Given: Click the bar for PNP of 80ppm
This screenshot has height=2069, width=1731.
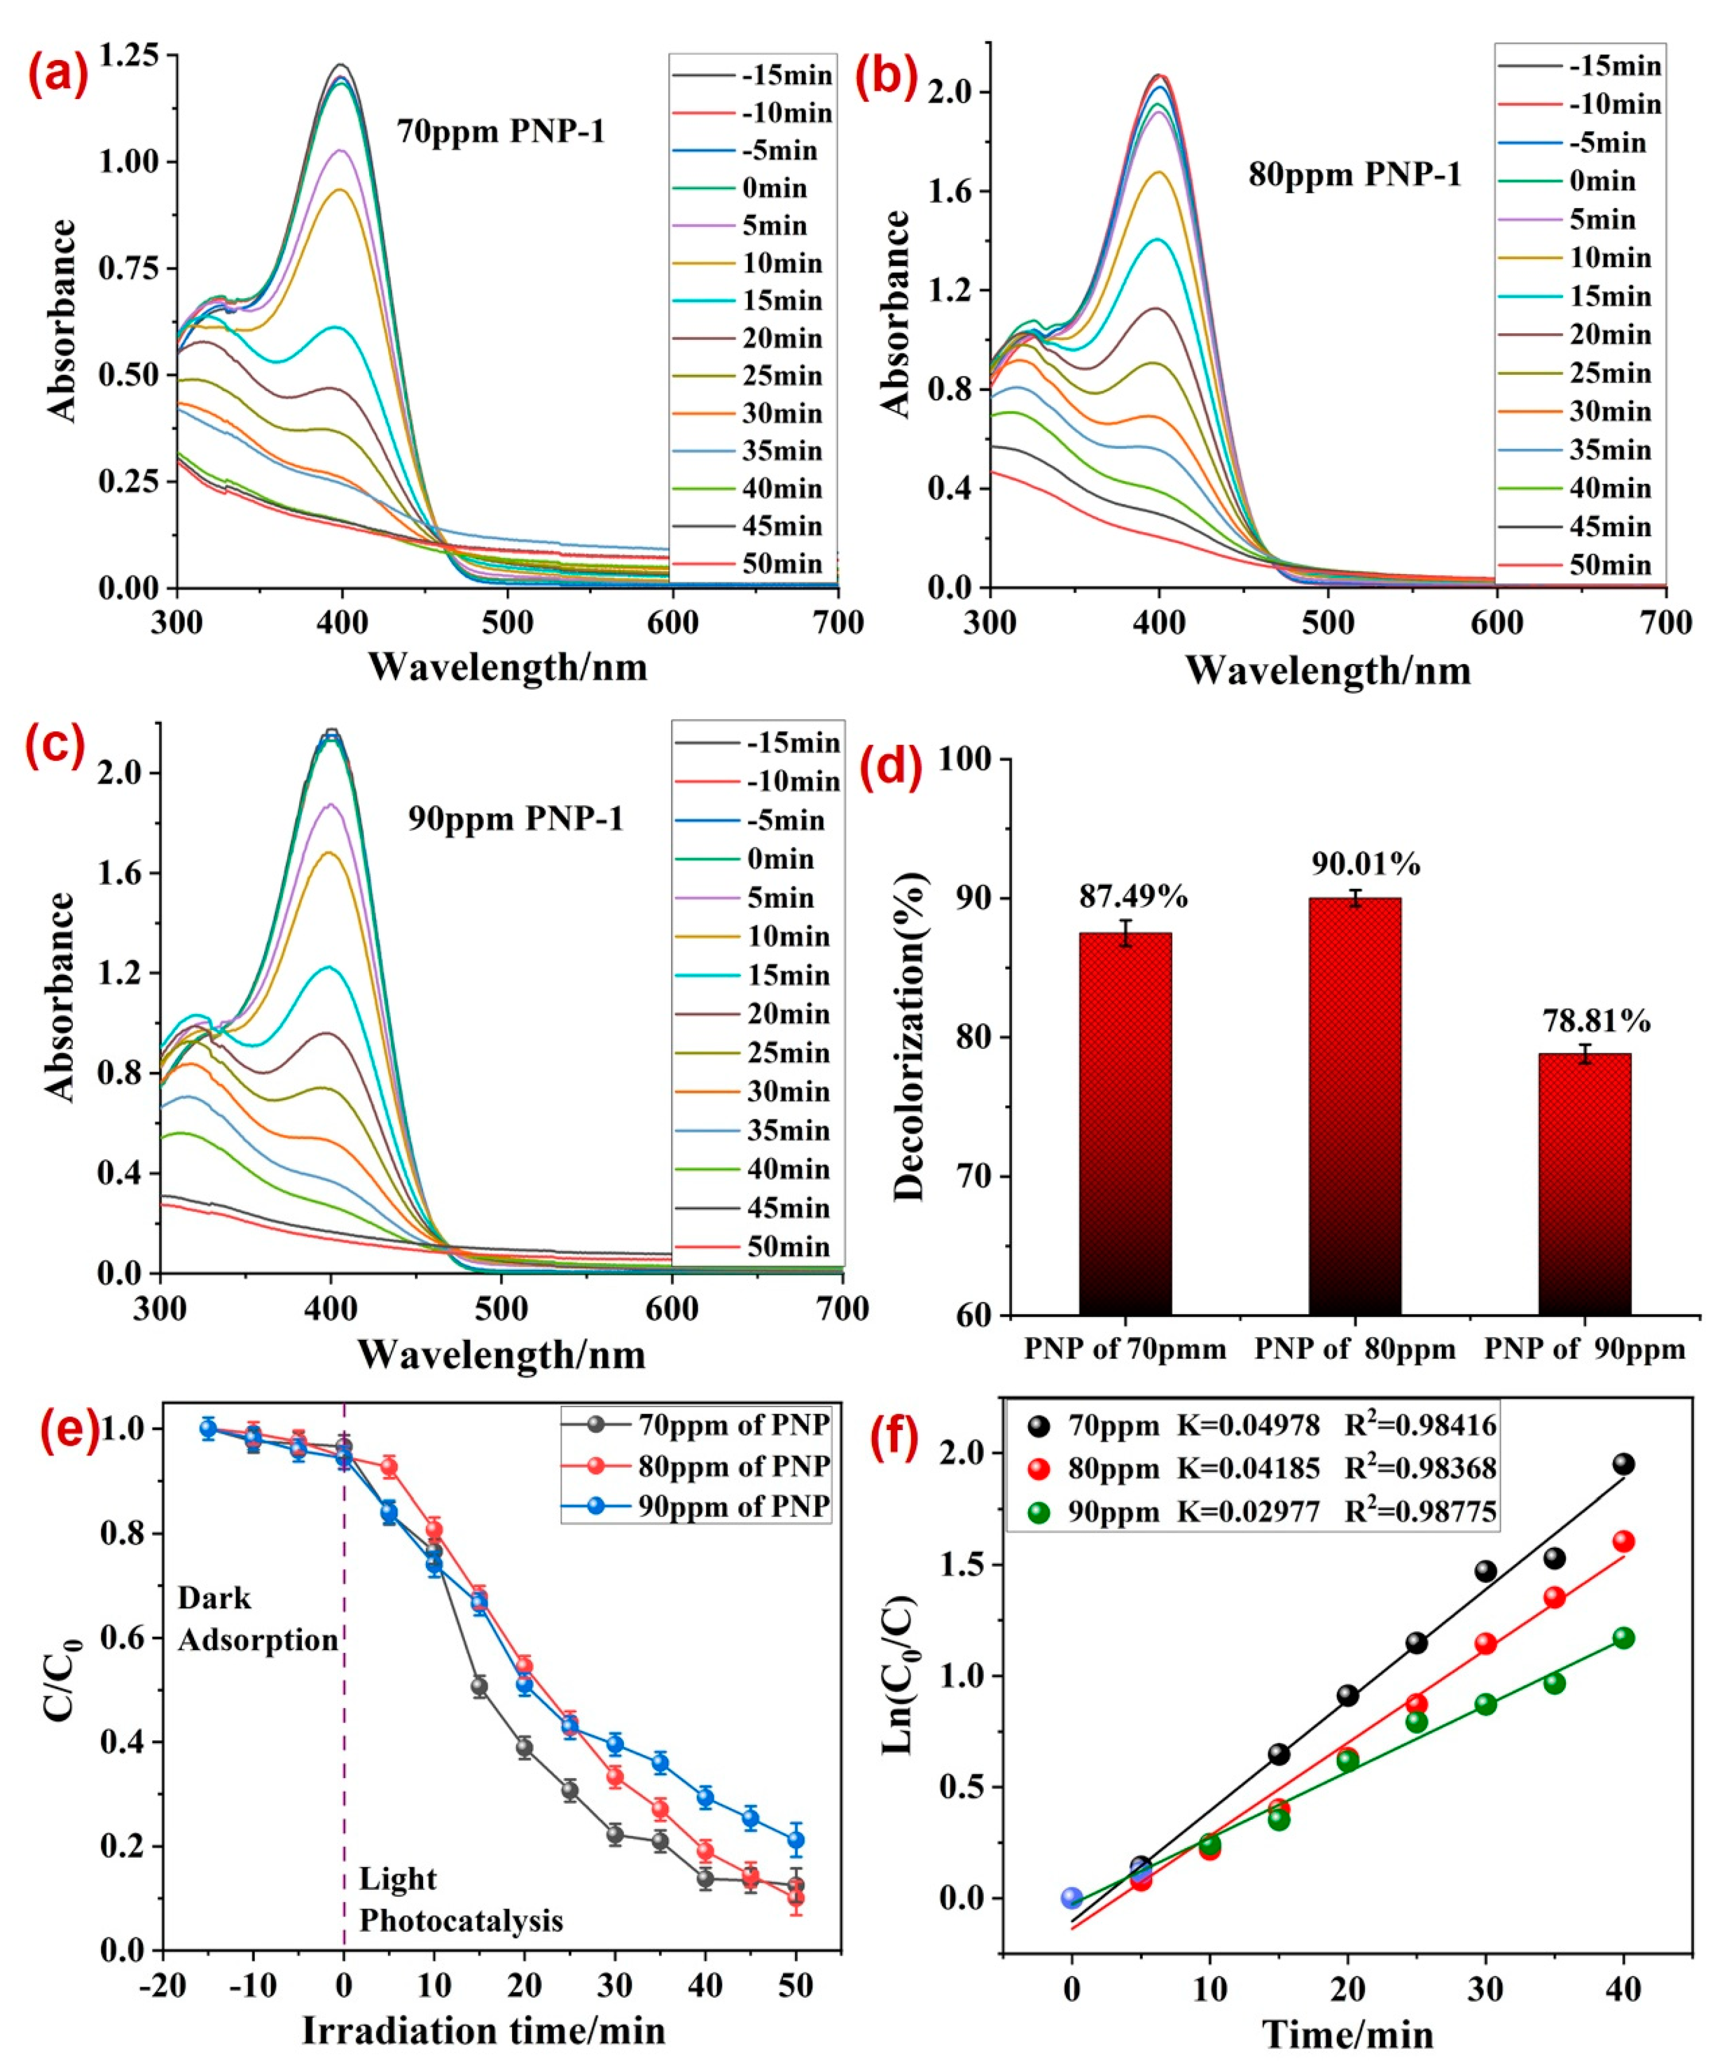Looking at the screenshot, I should (x=1355, y=1103).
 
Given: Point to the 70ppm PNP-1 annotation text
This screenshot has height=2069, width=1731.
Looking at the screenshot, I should (x=500, y=131).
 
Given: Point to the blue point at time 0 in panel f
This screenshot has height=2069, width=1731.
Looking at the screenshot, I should (x=1072, y=1898).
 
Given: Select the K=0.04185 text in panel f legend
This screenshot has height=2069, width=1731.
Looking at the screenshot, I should (x=1248, y=1468).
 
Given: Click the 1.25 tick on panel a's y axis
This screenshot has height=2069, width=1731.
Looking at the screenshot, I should (x=130, y=55).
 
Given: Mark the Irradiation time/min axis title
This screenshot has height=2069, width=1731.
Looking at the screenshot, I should (x=483, y=2030).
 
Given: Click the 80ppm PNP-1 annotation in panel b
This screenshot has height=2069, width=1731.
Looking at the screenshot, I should (x=1355, y=175).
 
